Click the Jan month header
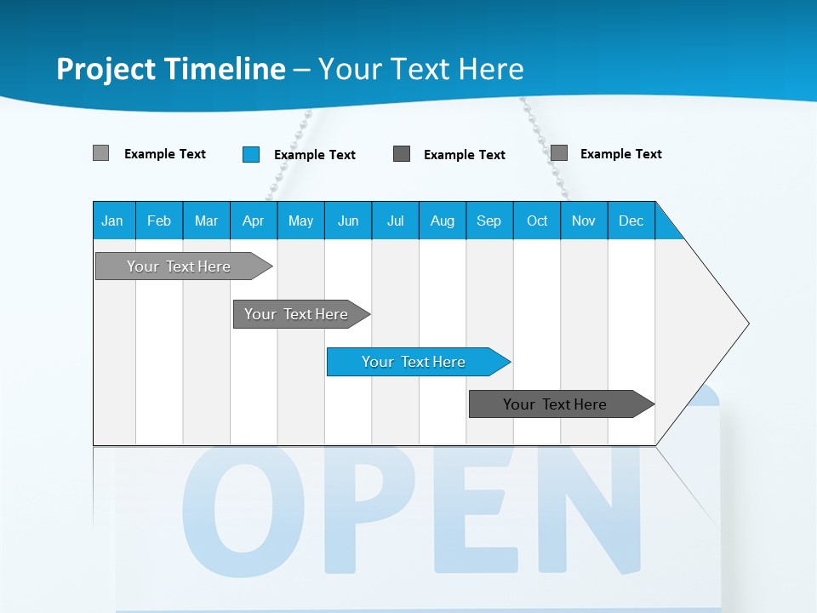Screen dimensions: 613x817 pos(113,221)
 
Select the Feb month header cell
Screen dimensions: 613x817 pos(159,221)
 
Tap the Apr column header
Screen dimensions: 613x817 pos(254,221)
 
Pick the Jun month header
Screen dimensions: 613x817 pos(348,221)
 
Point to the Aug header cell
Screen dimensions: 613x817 pos(443,221)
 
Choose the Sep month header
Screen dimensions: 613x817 pos(489,221)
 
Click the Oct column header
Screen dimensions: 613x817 pos(537,221)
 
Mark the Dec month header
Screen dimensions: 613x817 pos(631,221)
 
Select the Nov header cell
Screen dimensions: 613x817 pos(584,221)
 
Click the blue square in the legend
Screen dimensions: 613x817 pos(251,154)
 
